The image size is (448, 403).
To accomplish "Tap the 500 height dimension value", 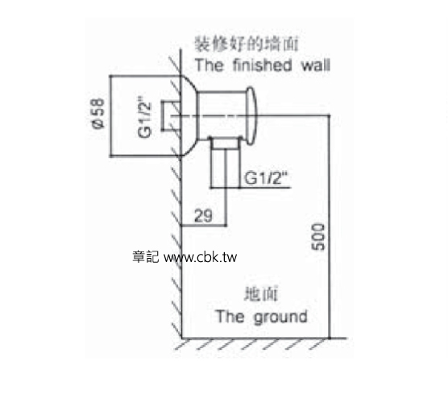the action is point(318,237).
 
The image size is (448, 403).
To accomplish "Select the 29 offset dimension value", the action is point(203,216).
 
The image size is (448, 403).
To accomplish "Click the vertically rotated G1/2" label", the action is point(144,117).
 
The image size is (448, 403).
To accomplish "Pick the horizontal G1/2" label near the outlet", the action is point(265,178).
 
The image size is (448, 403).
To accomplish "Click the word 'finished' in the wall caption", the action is point(263,65).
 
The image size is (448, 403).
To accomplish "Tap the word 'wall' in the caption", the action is point(316,65).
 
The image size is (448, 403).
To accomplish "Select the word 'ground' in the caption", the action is point(280,317).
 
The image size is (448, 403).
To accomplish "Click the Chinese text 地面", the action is point(260,294).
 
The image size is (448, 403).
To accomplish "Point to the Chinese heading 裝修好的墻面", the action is point(247,44).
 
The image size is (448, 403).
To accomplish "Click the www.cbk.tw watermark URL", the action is point(201,257).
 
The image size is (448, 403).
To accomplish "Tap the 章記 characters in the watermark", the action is point(145,256).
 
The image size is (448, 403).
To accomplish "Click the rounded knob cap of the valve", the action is point(251,116).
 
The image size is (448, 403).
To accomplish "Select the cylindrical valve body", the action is point(222,116).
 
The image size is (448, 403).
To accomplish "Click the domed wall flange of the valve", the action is point(189,116).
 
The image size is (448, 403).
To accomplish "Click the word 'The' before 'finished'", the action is point(209,65).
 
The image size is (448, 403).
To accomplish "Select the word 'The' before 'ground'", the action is point(230,317).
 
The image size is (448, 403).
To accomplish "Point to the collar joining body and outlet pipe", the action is point(225,143).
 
